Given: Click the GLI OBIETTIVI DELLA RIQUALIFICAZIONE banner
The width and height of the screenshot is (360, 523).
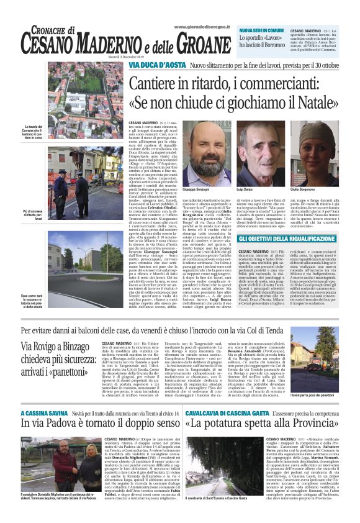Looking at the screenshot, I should (286, 239).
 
